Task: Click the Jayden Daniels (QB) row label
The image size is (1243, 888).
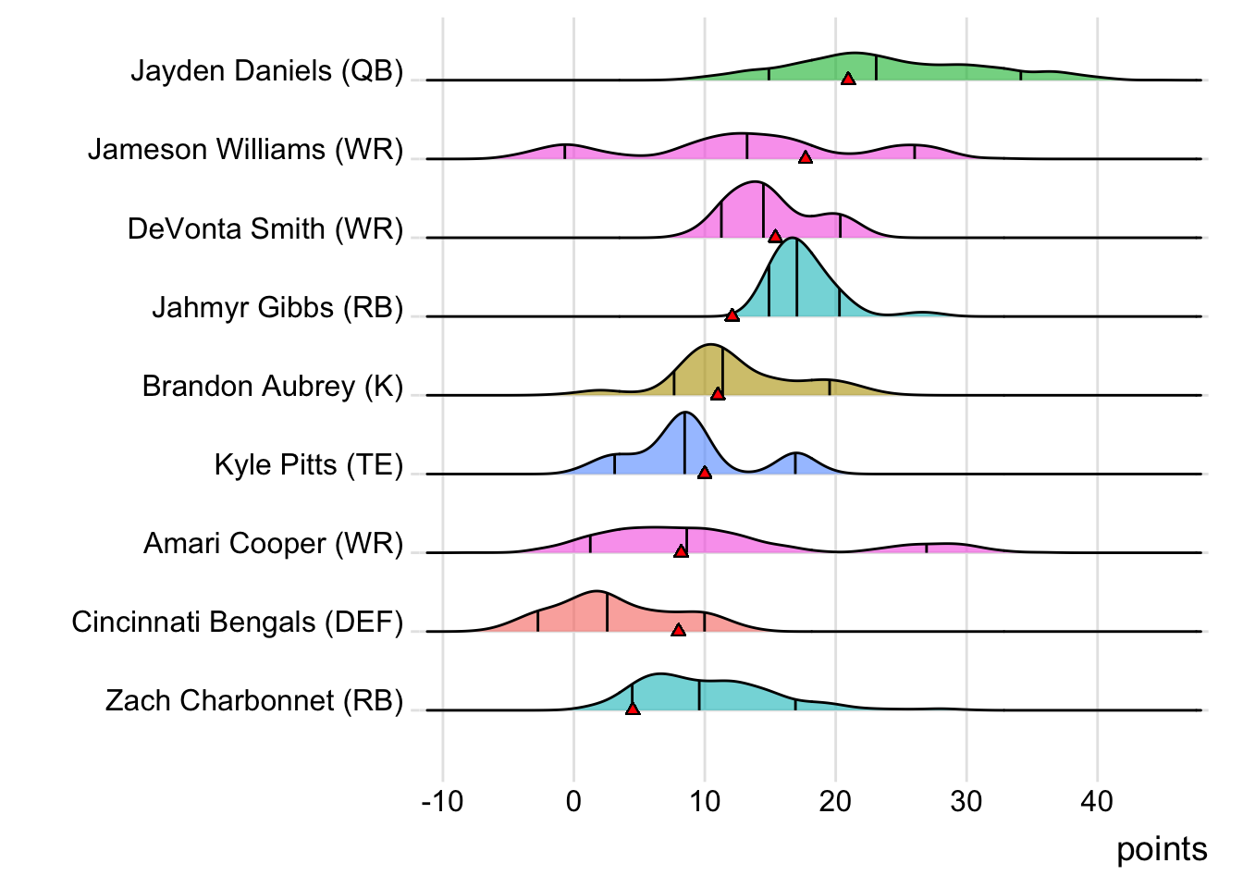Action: click(266, 71)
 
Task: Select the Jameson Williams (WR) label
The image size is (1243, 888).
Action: click(245, 150)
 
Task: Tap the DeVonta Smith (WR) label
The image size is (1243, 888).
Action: click(265, 228)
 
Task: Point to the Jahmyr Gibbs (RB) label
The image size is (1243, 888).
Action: click(277, 307)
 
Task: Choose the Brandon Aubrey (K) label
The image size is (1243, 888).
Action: click(273, 386)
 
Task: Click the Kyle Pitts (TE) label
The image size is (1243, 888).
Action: click(309, 464)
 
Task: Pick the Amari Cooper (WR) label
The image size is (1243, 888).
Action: click(274, 543)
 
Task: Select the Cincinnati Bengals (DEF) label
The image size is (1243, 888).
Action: click(238, 622)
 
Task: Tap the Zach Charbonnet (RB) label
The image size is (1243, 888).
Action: click(254, 700)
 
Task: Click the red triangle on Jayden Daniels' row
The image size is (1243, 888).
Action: click(848, 80)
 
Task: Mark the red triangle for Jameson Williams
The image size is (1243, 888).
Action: click(806, 158)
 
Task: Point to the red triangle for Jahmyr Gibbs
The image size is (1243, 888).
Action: click(732, 316)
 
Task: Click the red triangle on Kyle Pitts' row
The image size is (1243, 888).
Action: click(705, 473)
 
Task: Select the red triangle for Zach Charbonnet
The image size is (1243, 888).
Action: click(633, 709)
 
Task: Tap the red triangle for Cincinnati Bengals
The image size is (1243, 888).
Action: click(678, 630)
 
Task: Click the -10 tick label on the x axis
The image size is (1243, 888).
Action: click(442, 801)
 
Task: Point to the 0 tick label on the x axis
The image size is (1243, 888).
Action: click(573, 801)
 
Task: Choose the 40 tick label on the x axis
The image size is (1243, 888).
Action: click(1097, 801)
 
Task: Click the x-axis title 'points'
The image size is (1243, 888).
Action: click(1162, 849)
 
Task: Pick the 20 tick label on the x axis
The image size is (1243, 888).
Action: click(835, 801)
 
